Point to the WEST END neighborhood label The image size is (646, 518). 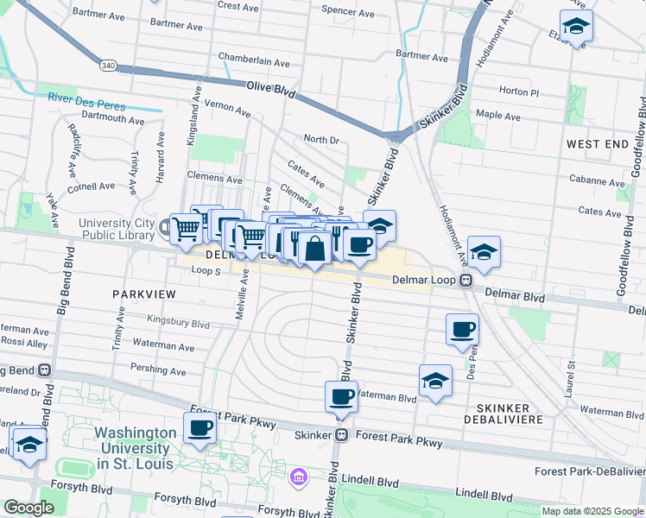pyautogui.click(x=598, y=143)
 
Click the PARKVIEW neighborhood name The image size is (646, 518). pyautogui.click(x=144, y=294)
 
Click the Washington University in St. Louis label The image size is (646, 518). pyautogui.click(x=133, y=448)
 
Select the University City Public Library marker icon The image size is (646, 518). pyautogui.click(x=165, y=228)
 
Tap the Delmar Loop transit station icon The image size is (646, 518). pyautogui.click(x=465, y=280)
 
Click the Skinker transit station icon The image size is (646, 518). pyautogui.click(x=342, y=435)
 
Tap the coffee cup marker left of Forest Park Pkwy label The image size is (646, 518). pyautogui.click(x=200, y=426)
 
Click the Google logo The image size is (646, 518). pyautogui.click(x=28, y=508)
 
